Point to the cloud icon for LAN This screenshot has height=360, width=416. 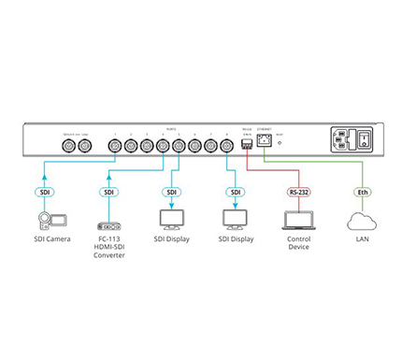363,222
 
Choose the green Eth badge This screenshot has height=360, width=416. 363,192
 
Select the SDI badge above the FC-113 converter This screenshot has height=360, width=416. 108,192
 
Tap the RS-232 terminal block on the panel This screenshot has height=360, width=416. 246,145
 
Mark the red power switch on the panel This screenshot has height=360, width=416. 366,144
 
